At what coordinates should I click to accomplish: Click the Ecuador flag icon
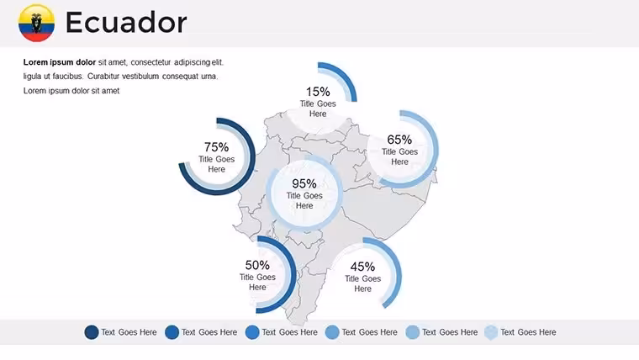(36, 23)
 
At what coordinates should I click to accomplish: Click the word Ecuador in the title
(126, 23)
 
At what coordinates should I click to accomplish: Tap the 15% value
(318, 92)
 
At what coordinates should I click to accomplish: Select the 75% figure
(216, 146)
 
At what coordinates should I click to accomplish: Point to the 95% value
(304, 183)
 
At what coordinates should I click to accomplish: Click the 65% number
(399, 140)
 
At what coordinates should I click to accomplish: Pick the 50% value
(257, 265)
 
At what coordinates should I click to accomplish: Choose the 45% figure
(362, 267)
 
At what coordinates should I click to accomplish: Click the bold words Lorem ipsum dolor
(60, 62)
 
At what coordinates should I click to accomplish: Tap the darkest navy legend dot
(92, 332)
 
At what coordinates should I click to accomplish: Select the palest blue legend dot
(491, 332)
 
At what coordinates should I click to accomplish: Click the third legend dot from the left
(252, 332)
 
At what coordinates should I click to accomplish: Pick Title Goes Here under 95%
(304, 200)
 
